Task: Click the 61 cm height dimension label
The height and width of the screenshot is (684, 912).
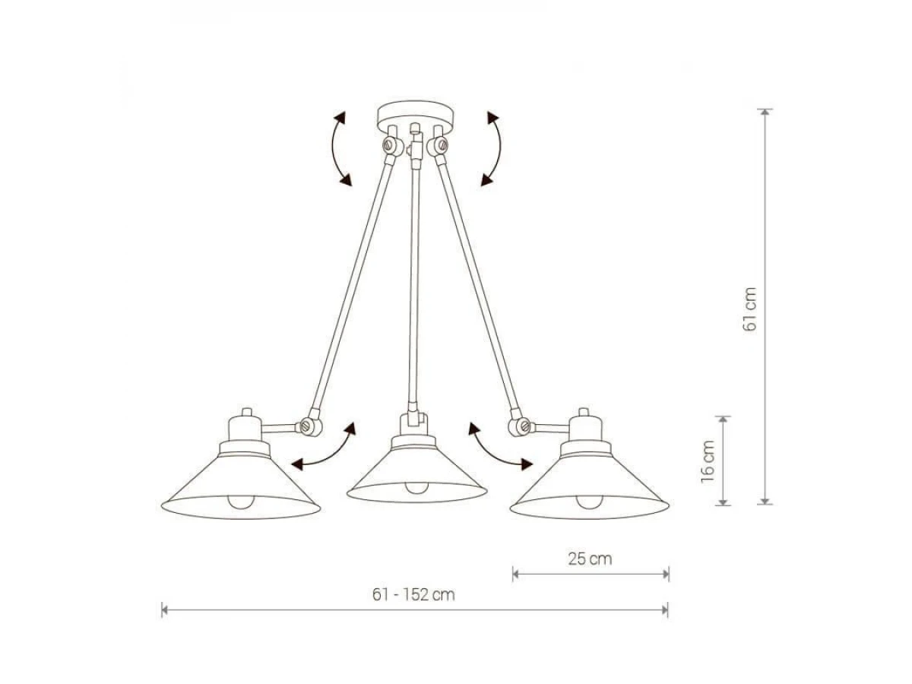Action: point(749,309)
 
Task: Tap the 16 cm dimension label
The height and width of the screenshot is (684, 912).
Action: point(708,461)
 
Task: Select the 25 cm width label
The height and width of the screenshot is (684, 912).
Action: point(590,559)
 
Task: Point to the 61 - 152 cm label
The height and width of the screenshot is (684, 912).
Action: point(413,595)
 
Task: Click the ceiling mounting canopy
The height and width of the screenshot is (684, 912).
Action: point(415,115)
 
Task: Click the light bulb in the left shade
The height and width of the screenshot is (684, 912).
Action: point(241,502)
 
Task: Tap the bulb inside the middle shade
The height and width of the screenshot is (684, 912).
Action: point(416,487)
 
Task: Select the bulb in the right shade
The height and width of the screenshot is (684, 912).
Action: point(589,502)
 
